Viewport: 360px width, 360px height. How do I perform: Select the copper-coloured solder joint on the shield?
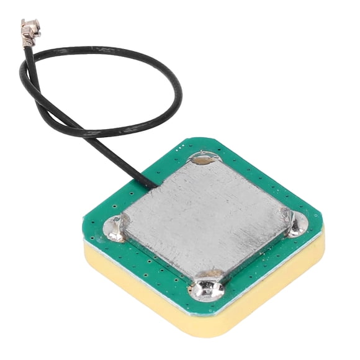point(202,160)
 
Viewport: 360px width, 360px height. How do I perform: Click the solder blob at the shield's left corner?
point(115,228)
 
